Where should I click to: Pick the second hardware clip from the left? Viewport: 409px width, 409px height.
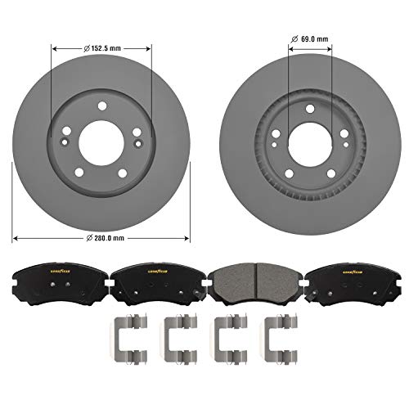(x=173, y=335)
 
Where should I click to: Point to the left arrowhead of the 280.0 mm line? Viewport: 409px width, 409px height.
(x=16, y=238)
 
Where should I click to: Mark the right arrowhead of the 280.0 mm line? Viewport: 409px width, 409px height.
(x=188, y=238)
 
